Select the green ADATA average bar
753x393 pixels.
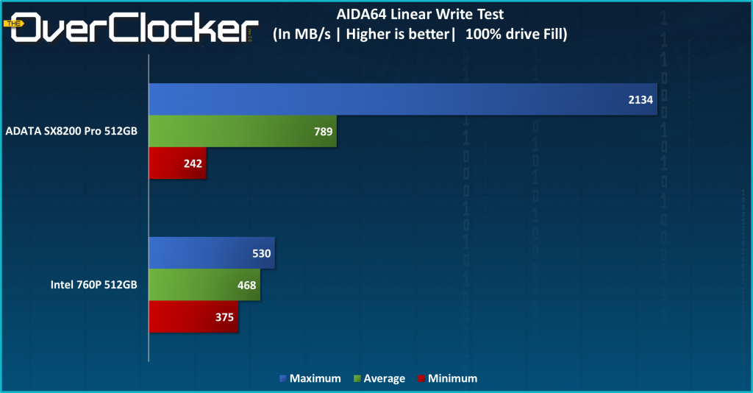(x=243, y=132)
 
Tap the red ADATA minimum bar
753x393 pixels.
(x=178, y=163)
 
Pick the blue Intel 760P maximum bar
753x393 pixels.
(x=212, y=253)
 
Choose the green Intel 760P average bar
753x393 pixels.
(x=204, y=285)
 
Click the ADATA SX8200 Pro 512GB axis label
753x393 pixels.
(x=72, y=132)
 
